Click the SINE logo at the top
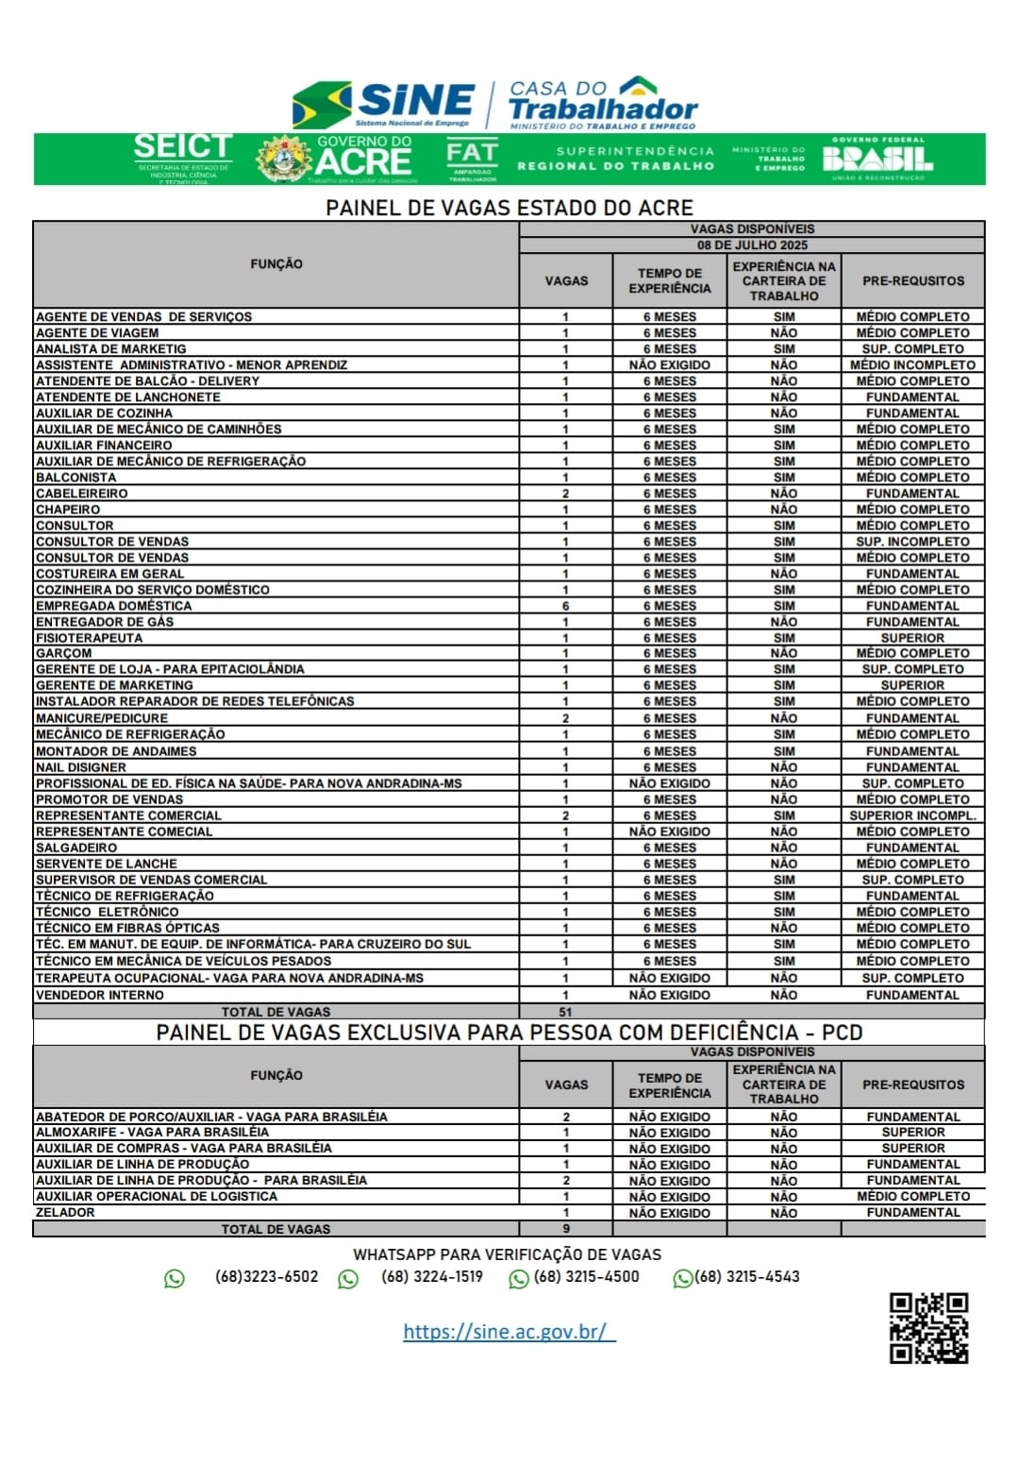pos(385,104)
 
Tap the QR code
pos(928,1327)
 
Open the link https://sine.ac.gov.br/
pos(509,1332)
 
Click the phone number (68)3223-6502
pos(266,1277)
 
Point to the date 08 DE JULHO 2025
pos(752,245)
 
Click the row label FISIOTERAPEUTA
pos(90,638)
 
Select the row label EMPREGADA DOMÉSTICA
pos(114,606)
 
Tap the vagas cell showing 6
pos(566,606)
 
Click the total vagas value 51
pos(566,1012)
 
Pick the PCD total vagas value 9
pos(566,1229)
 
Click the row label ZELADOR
pos(65,1213)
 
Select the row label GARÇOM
pos(64,653)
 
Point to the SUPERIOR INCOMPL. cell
pos(912,816)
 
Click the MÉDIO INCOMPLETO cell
pos(912,365)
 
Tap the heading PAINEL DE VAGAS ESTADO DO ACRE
pos(509,208)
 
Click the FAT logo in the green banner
pos(472,159)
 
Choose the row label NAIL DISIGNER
pos(81,767)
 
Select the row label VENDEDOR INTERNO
pos(100,995)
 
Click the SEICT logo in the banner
pos(183,157)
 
